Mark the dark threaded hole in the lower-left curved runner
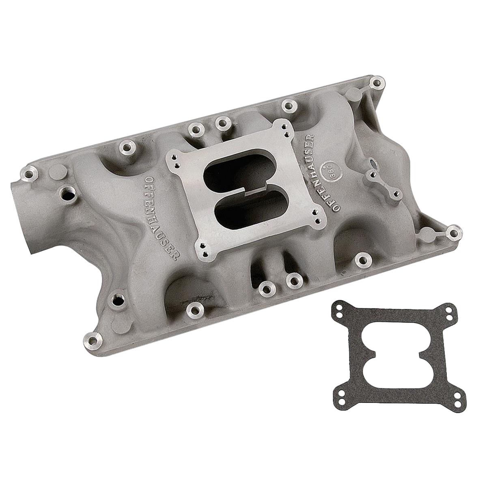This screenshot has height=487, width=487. (x=117, y=301)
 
